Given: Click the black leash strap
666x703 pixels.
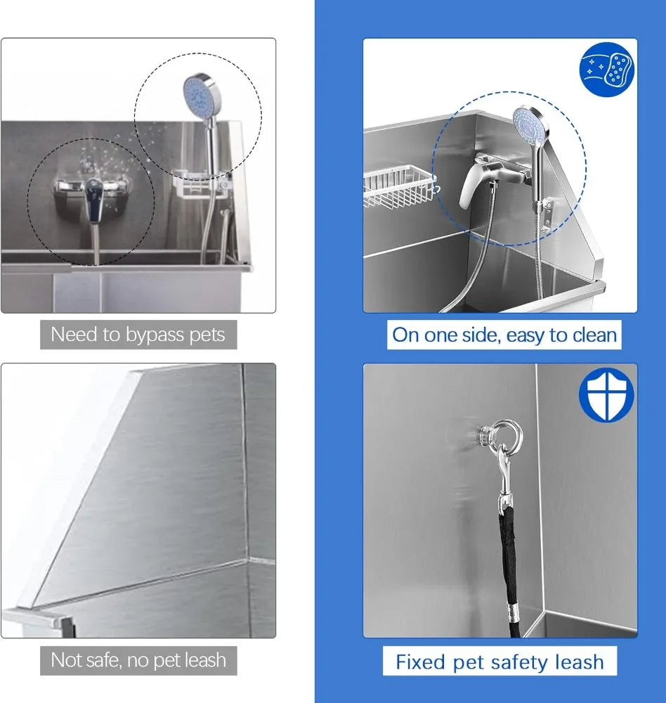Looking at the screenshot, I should (x=507, y=562).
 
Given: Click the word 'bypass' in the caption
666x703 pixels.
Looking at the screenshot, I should (x=152, y=335).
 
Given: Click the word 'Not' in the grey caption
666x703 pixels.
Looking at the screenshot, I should (x=65, y=660).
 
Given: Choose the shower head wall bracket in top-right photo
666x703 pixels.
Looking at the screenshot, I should (x=546, y=205).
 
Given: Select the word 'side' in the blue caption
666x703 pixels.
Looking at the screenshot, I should (x=478, y=335).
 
